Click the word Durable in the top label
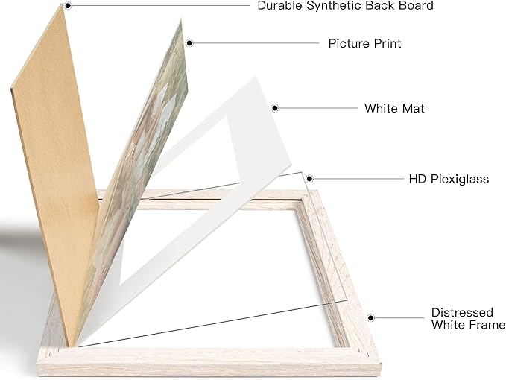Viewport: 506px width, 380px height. pos(280,6)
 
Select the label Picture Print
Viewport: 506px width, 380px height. pos(364,43)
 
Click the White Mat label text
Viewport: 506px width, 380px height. pos(394,108)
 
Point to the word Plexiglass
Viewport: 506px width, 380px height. pos(460,180)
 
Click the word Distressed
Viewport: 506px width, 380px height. pos(462,313)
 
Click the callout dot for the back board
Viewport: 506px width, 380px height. pos(68,5)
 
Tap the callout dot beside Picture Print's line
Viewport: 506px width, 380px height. pos(189,43)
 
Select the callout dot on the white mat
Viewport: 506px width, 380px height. pos(275,108)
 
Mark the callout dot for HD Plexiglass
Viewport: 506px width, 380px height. pos(309,178)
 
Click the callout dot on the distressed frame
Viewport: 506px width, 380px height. pos(371,318)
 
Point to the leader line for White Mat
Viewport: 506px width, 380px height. pos(318,108)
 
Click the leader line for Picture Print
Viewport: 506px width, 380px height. pos(256,43)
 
